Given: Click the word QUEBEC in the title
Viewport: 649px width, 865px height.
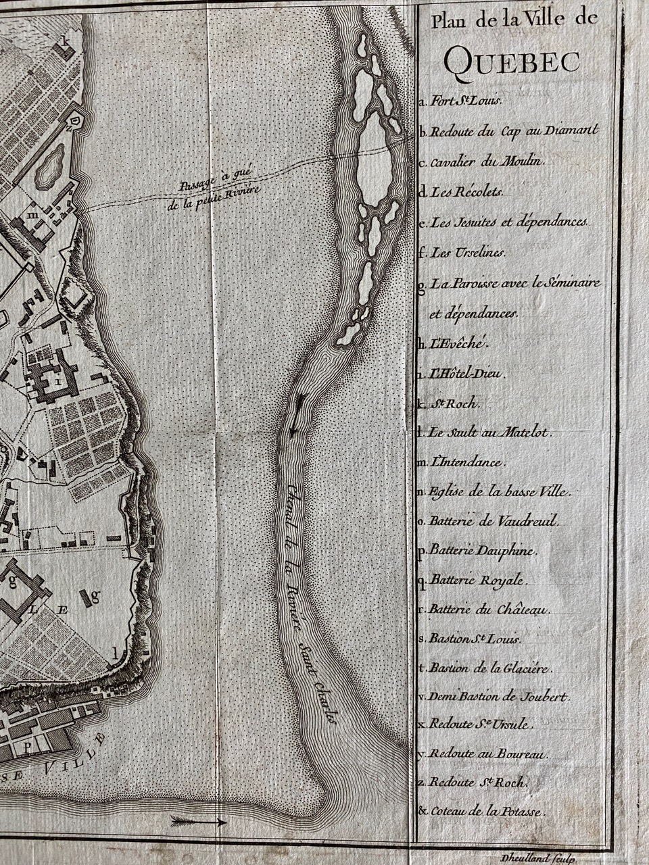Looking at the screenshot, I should coord(512,61).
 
